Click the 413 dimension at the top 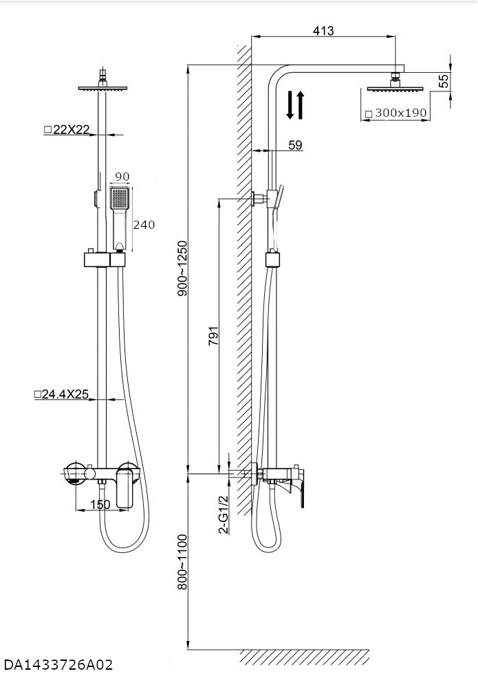coord(323,31)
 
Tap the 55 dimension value coord(444,80)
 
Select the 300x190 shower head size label coord(396,113)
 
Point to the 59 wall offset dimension coord(294,145)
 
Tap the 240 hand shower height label coord(144,225)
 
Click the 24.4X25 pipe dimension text coord(62,395)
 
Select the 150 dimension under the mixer coord(100,505)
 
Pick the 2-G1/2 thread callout coord(223,515)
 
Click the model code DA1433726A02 coord(58,665)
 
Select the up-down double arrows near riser coord(294,105)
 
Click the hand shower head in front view coord(120,199)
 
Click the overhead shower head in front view coord(103,87)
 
